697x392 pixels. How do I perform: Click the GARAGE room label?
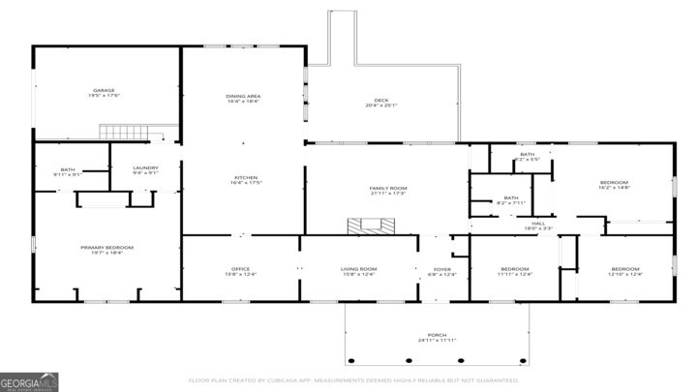pyautogui.click(x=105, y=91)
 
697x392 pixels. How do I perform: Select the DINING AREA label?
pyautogui.click(x=243, y=96)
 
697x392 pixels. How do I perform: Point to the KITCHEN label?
pyautogui.click(x=245, y=178)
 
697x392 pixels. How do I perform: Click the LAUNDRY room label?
pyautogui.click(x=145, y=168)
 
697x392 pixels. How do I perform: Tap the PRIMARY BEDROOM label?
pyautogui.click(x=106, y=248)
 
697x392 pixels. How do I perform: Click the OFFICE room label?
pyautogui.click(x=240, y=269)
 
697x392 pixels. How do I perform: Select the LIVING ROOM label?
pyautogui.click(x=358, y=269)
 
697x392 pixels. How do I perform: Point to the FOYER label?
pyautogui.click(x=441, y=269)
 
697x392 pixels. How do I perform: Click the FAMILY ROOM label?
pyautogui.click(x=387, y=188)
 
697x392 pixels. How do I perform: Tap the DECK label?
pyautogui.click(x=381, y=101)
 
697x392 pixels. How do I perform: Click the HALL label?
pyautogui.click(x=538, y=224)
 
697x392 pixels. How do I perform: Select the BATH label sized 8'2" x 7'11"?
pyautogui.click(x=510, y=199)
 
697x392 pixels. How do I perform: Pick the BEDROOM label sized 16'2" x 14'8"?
pyautogui.click(x=613, y=183)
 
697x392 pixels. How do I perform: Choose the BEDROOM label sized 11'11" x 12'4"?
pyautogui.click(x=514, y=269)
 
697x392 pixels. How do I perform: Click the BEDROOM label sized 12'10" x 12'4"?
pyautogui.click(x=624, y=269)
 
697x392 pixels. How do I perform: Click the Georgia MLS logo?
pyautogui.click(x=30, y=380)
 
